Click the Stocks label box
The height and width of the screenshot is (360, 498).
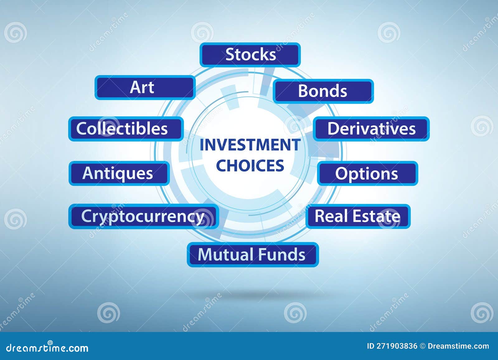click(250, 55)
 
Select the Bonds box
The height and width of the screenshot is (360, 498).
click(323, 91)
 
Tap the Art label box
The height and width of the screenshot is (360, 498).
click(145, 87)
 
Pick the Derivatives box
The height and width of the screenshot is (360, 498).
click(371, 129)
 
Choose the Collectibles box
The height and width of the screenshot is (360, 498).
click(125, 129)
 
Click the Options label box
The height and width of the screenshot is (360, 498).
click(367, 174)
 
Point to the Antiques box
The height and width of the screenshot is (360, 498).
click(119, 173)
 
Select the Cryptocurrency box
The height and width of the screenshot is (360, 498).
click(143, 216)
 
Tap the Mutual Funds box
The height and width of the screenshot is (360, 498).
click(252, 255)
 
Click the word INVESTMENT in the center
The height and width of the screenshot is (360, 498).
click(250, 145)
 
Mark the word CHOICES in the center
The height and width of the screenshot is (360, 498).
click(250, 166)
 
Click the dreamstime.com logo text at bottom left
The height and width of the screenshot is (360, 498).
click(47, 348)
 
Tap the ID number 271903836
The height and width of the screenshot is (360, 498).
click(397, 346)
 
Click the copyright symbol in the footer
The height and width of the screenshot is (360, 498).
click(422, 346)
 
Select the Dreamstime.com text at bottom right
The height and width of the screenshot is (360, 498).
click(458, 346)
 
